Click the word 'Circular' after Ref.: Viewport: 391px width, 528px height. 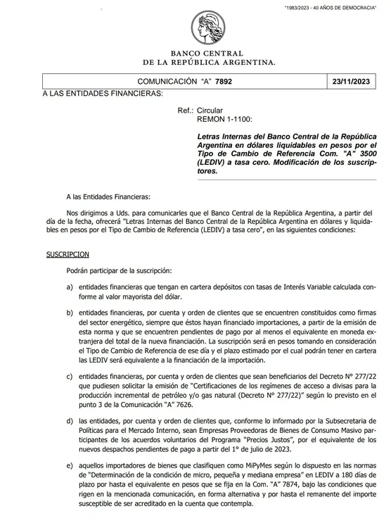(210, 111)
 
